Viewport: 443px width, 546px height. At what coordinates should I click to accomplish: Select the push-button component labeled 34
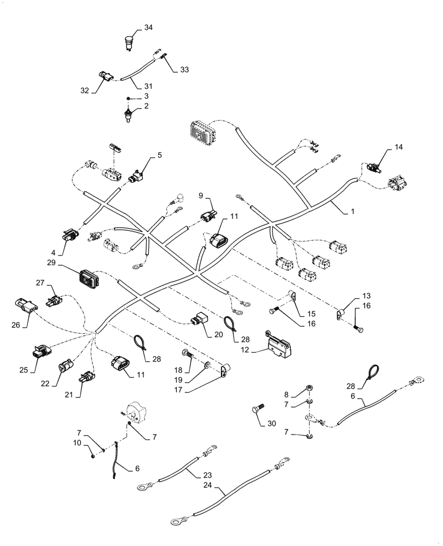click(129, 43)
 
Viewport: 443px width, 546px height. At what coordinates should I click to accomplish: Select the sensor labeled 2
click(128, 116)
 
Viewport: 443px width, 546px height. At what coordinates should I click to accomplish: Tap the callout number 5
click(160, 155)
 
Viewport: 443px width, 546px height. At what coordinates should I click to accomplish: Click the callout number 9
click(200, 195)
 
